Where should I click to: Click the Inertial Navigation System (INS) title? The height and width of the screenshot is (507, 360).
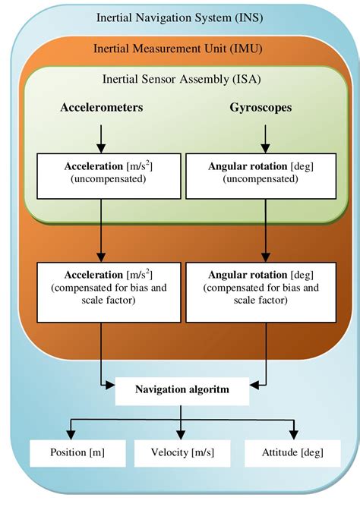click(179, 17)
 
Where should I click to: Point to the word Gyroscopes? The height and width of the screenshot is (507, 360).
click(261, 109)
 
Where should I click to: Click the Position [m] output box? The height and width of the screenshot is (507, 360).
click(77, 452)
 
